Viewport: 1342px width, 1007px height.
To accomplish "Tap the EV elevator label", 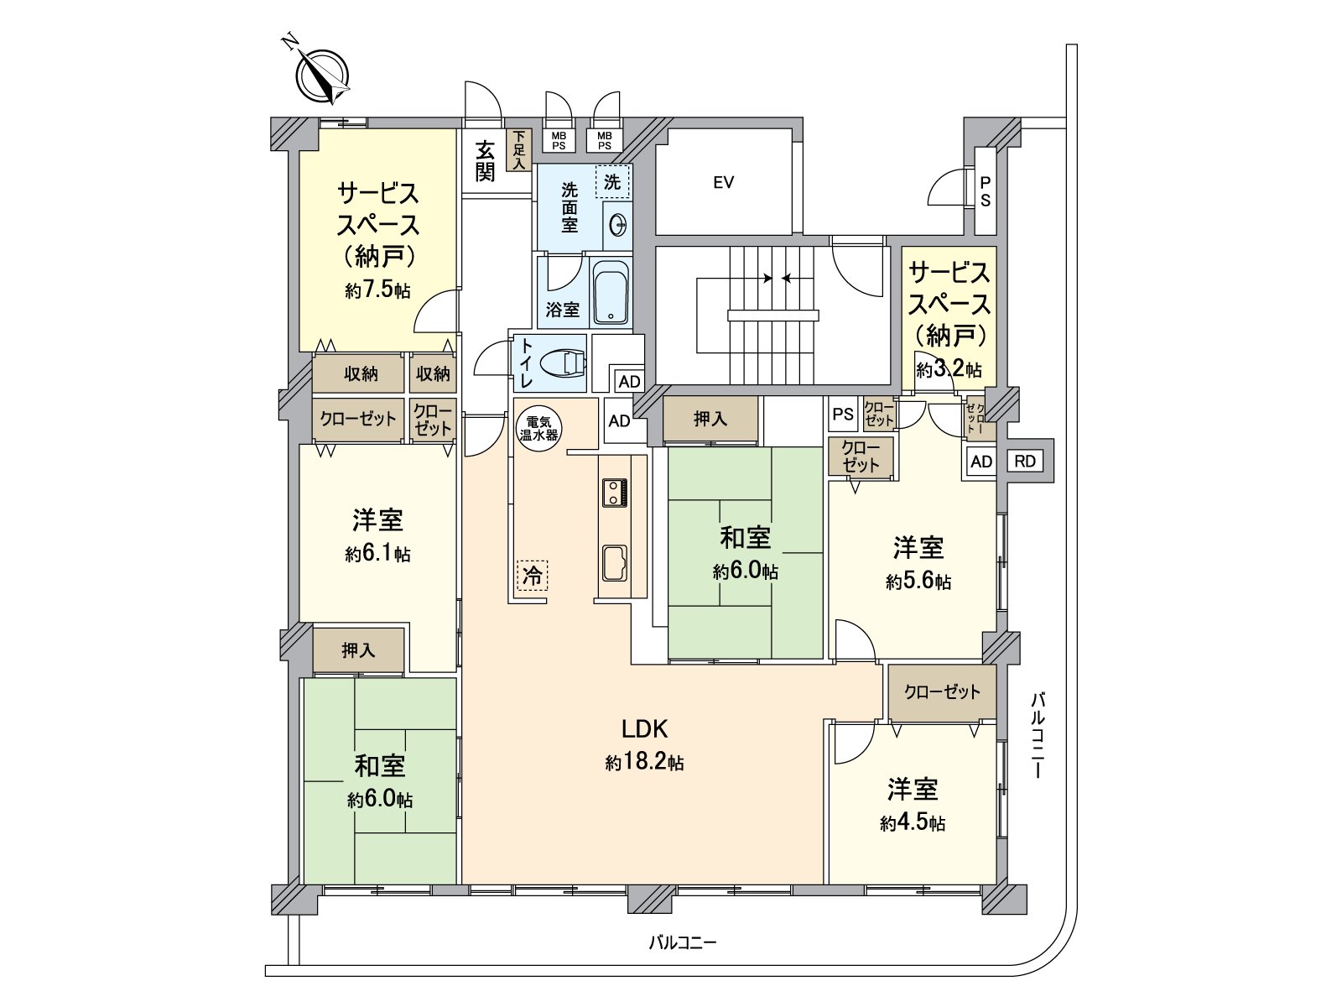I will click(x=724, y=182).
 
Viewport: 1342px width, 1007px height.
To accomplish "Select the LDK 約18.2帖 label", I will click(x=643, y=744).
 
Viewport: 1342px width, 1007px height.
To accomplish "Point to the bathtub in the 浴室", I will click(x=611, y=294).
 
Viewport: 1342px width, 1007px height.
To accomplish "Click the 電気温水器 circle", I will click(x=538, y=429).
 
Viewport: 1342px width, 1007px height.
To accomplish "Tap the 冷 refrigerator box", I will click(x=532, y=576).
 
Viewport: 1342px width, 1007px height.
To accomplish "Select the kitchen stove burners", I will click(x=614, y=492).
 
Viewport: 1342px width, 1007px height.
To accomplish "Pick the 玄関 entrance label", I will click(x=485, y=162).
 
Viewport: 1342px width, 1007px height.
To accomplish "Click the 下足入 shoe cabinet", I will click(x=519, y=151).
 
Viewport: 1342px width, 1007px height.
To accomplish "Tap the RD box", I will click(x=1024, y=461).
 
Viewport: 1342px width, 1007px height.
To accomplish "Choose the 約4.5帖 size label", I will click(x=913, y=823).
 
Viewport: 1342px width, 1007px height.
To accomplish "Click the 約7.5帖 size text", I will click(x=377, y=290).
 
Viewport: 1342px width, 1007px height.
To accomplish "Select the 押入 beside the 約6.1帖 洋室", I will click(x=358, y=650).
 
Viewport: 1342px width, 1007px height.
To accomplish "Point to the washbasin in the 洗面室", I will click(x=618, y=225).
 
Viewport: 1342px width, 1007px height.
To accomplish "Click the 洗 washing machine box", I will click(x=612, y=181).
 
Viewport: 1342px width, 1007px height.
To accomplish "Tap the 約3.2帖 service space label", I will click(x=949, y=369).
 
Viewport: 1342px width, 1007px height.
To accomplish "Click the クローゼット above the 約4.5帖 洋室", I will click(x=942, y=692).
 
